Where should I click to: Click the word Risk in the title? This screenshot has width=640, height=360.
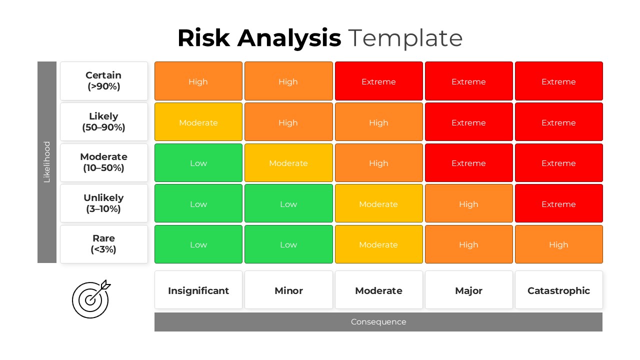(204, 38)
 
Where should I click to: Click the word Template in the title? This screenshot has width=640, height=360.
(405, 38)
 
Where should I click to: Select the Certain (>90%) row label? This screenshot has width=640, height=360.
(104, 81)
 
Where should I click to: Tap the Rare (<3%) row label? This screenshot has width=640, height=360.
(104, 244)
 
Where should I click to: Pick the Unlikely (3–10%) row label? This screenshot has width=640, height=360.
(104, 203)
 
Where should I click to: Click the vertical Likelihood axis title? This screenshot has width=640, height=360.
(47, 162)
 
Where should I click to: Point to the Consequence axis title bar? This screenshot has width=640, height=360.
(378, 322)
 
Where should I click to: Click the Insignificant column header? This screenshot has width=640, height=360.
(198, 290)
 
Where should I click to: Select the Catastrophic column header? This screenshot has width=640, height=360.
(558, 290)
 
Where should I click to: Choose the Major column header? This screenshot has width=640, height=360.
(468, 290)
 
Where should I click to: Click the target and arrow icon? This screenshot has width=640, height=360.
(91, 299)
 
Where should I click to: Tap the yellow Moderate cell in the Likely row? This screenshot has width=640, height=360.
(198, 122)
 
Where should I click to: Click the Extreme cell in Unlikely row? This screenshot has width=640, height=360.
(558, 203)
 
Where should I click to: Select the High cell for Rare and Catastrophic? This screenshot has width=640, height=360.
(558, 244)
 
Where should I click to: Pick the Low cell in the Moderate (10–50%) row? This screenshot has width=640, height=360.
(198, 163)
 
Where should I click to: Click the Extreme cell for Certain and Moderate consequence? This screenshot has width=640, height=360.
(378, 81)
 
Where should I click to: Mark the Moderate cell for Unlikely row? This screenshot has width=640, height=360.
(378, 203)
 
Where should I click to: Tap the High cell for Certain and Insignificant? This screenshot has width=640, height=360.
(198, 81)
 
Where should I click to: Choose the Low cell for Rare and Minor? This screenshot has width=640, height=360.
(288, 244)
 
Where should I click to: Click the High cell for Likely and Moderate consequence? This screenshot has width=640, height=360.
(378, 122)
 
